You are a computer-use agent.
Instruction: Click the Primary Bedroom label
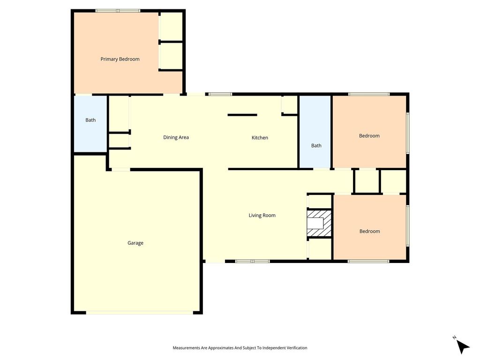click(120, 59)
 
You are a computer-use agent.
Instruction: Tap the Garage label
click(135, 243)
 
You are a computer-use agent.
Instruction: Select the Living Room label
click(262, 216)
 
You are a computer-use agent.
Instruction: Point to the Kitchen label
click(260, 138)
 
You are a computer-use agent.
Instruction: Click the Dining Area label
click(176, 137)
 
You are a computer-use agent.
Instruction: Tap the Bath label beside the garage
click(90, 120)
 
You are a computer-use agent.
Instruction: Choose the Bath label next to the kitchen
click(316, 146)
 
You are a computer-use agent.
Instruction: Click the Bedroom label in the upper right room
click(369, 135)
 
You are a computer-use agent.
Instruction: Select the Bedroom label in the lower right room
click(369, 231)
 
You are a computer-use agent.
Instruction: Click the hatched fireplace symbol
click(319, 223)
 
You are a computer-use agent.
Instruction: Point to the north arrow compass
click(462, 345)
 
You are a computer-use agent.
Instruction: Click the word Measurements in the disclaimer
click(187, 348)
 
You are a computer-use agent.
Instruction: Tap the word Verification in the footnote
click(296, 348)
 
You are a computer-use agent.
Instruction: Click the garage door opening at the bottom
click(140, 313)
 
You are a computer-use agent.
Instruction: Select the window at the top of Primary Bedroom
click(118, 11)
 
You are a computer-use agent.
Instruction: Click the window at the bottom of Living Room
click(252, 261)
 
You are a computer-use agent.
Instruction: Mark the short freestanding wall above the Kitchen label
click(242, 115)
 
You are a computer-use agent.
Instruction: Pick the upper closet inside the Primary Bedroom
click(172, 26)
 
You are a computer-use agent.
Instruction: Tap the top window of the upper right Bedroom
click(368, 94)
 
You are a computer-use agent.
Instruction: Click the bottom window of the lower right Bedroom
click(368, 261)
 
